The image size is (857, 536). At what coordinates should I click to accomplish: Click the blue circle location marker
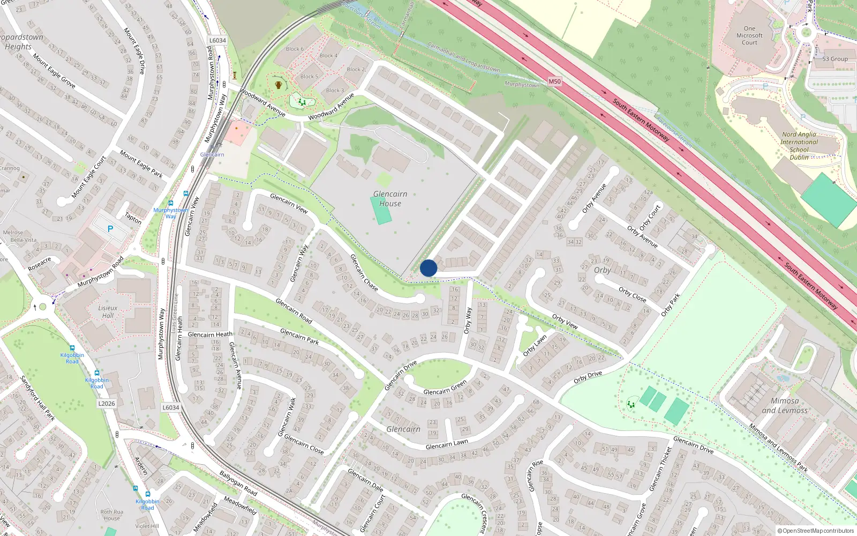coord(428,268)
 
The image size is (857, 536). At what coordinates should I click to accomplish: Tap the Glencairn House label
coord(390,199)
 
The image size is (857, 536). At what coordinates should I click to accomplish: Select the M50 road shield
coord(554,82)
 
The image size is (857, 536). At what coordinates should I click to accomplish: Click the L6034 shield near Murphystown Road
coord(217,40)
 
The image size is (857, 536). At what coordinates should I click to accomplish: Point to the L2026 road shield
coord(107,403)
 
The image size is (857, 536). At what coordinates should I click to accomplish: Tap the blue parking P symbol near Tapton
coord(110,229)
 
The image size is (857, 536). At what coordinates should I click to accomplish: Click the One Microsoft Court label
coord(749,35)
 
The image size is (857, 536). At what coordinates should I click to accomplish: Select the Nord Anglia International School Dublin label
coord(799,146)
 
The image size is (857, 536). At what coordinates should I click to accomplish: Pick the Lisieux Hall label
coord(108,311)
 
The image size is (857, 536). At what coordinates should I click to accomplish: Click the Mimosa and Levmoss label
coord(785,406)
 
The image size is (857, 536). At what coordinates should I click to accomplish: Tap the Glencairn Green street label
coord(445,388)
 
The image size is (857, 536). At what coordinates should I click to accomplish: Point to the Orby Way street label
coord(468,320)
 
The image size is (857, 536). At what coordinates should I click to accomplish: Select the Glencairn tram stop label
coord(212,154)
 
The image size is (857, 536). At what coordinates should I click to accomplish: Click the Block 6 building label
coord(295,49)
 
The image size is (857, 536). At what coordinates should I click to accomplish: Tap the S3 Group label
coord(835,59)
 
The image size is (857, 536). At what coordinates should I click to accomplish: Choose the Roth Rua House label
coord(112,515)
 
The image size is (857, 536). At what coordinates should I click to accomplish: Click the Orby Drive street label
coord(588,377)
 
